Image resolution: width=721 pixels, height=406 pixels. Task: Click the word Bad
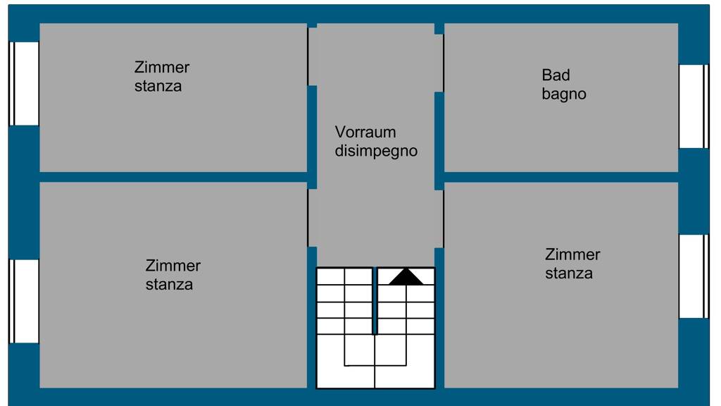(x=556, y=75)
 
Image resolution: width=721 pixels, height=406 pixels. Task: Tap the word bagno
(x=564, y=94)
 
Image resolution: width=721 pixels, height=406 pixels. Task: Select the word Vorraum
(x=365, y=132)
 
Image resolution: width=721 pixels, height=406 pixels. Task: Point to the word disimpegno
(x=376, y=151)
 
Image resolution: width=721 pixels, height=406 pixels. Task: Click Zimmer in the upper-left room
(x=162, y=68)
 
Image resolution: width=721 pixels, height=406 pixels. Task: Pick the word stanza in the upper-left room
(x=158, y=86)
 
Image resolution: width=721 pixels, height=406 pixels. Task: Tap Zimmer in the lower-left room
(x=173, y=266)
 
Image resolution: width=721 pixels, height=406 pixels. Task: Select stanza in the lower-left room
(x=169, y=285)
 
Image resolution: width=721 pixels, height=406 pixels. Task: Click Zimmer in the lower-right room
(x=572, y=254)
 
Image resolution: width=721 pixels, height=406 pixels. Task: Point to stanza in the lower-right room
(x=569, y=273)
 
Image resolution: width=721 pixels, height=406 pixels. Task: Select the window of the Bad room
(x=694, y=106)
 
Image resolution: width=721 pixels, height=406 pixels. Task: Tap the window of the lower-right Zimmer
(x=694, y=276)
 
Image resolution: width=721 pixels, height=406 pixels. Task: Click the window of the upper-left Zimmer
(x=24, y=83)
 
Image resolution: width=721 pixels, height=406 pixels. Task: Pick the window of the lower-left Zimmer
(x=24, y=301)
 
